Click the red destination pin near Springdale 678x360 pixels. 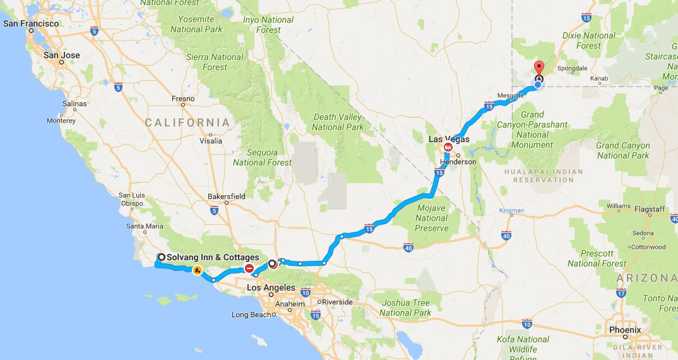538,68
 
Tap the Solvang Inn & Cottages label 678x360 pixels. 213,258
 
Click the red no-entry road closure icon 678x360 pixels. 250,268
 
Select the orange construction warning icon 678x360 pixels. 198,271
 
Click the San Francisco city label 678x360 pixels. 31,24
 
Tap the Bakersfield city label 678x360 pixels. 227,196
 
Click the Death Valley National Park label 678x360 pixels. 338,122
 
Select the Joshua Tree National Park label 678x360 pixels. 405,308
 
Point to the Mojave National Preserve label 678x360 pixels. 432,218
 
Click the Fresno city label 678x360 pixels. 183,99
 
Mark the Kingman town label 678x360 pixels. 511,210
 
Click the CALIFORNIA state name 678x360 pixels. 188,122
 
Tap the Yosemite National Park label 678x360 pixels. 196,24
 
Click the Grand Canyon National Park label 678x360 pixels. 622,151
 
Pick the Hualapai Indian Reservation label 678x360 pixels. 534,175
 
